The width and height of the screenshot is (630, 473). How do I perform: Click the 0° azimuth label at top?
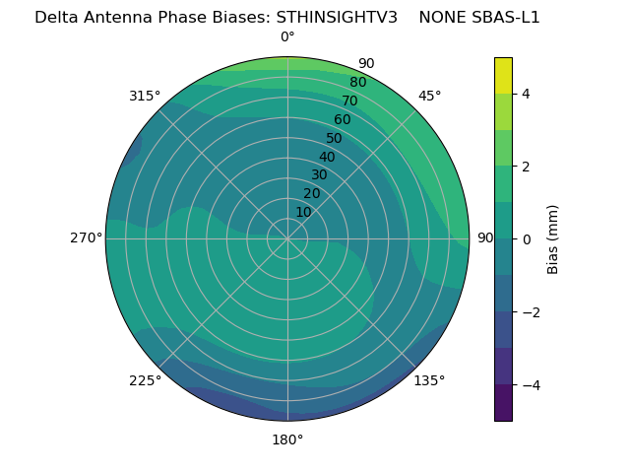click(x=287, y=37)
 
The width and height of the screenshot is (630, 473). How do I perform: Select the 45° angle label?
click(x=429, y=96)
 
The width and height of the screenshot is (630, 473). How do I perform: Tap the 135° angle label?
click(x=429, y=380)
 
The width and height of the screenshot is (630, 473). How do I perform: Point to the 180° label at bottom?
click(x=287, y=439)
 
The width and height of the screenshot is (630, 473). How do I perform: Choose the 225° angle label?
click(x=145, y=380)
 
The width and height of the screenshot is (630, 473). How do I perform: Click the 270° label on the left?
click(x=86, y=238)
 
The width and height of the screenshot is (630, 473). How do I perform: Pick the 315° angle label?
click(x=145, y=96)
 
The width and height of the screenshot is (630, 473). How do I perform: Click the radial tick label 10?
click(x=303, y=212)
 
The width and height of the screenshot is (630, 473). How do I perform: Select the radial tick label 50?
click(x=334, y=139)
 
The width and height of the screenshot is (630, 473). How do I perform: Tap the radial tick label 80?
click(x=357, y=83)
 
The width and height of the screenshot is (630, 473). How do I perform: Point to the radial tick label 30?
click(x=319, y=175)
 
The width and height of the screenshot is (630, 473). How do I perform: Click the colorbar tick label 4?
click(x=526, y=94)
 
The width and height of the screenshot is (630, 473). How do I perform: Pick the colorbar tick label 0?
click(x=526, y=239)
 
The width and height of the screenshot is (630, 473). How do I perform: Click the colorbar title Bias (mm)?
click(x=553, y=238)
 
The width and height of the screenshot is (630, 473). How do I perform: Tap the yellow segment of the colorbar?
click(x=503, y=75)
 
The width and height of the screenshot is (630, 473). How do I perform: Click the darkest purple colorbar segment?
click(x=503, y=403)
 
